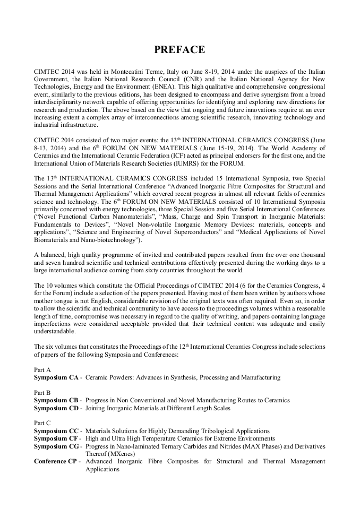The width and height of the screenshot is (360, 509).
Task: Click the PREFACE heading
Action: tap(179, 50)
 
